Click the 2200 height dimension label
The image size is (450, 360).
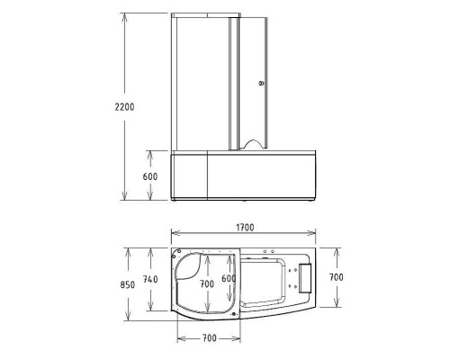[125, 106]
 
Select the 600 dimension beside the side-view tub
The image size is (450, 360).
[151, 176]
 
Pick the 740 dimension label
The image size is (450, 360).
[150, 279]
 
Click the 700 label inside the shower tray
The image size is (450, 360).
[207, 283]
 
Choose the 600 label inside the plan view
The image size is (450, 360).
[229, 279]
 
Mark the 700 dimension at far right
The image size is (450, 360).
[336, 279]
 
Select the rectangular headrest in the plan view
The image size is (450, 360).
[302, 279]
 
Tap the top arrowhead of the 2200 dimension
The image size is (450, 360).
[123, 15]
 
